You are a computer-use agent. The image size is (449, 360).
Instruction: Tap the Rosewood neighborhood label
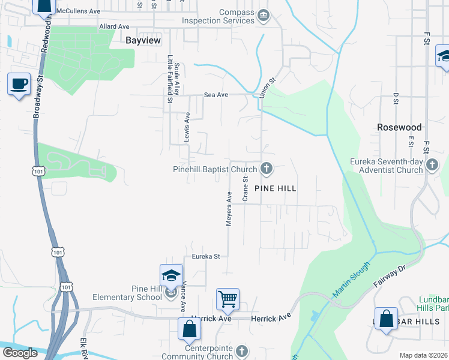(399, 127)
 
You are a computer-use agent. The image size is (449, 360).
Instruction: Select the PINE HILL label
(276, 188)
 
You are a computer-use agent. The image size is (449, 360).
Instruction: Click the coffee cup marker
(19, 84)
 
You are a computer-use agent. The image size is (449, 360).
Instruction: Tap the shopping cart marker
(228, 299)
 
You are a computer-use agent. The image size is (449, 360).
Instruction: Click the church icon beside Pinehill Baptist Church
(266, 170)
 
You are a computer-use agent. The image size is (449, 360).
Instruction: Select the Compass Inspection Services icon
(262, 14)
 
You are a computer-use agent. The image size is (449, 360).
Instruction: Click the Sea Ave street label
(216, 95)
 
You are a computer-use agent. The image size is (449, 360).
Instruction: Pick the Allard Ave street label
(115, 27)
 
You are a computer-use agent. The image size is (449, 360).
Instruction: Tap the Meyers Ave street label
(229, 209)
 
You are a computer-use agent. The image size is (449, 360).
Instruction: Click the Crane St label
(245, 188)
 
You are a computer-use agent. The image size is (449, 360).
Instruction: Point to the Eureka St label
(206, 256)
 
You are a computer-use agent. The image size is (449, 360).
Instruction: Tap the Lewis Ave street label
(187, 126)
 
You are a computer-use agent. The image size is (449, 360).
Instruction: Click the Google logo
(20, 353)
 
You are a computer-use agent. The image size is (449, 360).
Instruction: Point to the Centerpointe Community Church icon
(241, 350)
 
